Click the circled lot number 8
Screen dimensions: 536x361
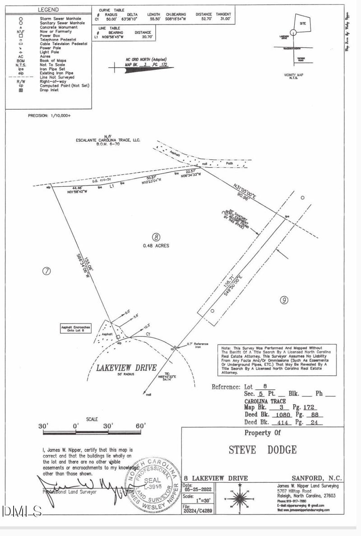pos(156,237)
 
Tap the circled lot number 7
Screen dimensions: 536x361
pos(46,271)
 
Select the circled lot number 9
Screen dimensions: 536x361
pos(284,300)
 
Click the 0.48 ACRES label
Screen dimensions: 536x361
pos(156,246)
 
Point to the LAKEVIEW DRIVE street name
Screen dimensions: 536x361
pos(126,368)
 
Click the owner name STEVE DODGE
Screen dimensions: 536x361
pos(263,450)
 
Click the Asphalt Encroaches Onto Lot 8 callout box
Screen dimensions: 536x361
pos(76,328)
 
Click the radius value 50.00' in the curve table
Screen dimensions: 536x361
pos(111,19)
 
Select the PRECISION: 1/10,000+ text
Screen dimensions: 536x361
pos(50,116)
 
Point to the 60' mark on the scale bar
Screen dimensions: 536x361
pos(140,426)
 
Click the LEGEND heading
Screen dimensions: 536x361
pos(48,9)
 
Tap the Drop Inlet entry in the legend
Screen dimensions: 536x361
pos(49,90)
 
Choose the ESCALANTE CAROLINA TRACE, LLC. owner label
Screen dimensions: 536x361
pos(108,140)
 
